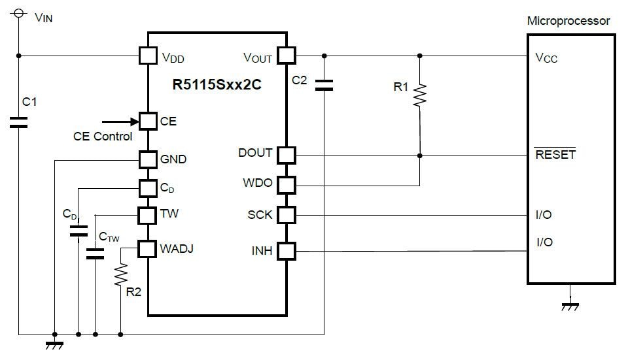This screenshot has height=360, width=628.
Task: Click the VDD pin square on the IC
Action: click(x=148, y=56)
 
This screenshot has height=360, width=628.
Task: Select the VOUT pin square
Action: click(x=287, y=56)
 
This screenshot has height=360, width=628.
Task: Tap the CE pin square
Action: click(x=148, y=121)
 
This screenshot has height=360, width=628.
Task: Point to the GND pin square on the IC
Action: click(x=148, y=159)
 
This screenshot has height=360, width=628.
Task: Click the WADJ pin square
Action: click(x=148, y=248)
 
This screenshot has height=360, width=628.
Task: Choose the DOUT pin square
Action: click(x=287, y=155)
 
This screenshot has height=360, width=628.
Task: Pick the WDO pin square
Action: click(x=287, y=184)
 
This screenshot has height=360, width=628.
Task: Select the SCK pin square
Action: click(x=287, y=215)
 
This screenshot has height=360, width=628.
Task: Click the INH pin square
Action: click(x=287, y=250)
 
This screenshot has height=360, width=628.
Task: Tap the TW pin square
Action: click(x=148, y=214)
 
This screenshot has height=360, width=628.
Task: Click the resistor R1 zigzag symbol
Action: click(x=419, y=95)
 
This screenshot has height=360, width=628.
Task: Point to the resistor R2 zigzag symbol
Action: click(x=120, y=276)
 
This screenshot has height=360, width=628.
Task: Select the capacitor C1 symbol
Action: click(x=19, y=122)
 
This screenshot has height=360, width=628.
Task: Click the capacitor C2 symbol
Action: click(x=323, y=84)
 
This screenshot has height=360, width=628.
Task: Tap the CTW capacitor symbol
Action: click(x=96, y=253)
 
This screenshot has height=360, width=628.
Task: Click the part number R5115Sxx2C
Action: click(x=217, y=86)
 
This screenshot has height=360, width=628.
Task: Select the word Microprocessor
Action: click(x=568, y=21)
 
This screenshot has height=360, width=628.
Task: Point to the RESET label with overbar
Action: click(x=555, y=155)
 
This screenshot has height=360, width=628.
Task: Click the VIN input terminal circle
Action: click(x=19, y=12)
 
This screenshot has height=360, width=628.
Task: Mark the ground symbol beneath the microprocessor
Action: click(x=570, y=304)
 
